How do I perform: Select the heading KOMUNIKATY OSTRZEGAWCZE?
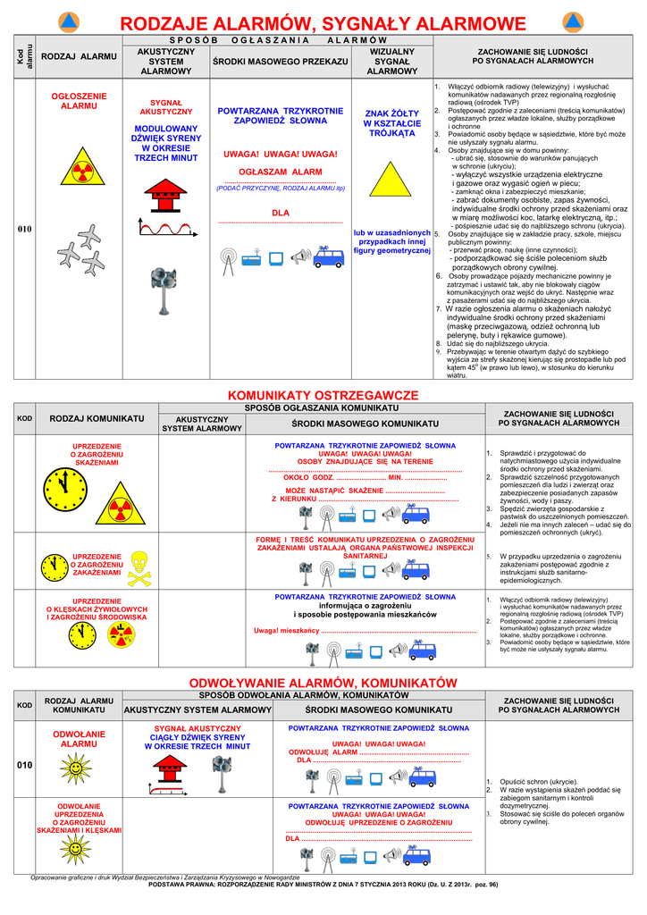(323, 394)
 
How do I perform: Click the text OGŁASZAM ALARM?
(280, 171)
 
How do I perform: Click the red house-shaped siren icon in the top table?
(167, 189)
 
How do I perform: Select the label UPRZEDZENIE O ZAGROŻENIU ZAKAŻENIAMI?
(97, 564)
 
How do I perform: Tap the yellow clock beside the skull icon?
(55, 567)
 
